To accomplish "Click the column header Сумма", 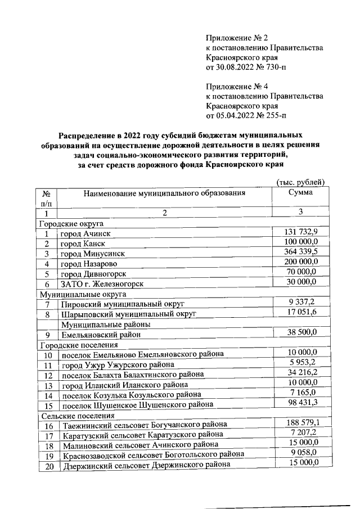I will click(300, 193).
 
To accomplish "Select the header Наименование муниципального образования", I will click(165, 194).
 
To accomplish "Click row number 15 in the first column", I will click(48, 405).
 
